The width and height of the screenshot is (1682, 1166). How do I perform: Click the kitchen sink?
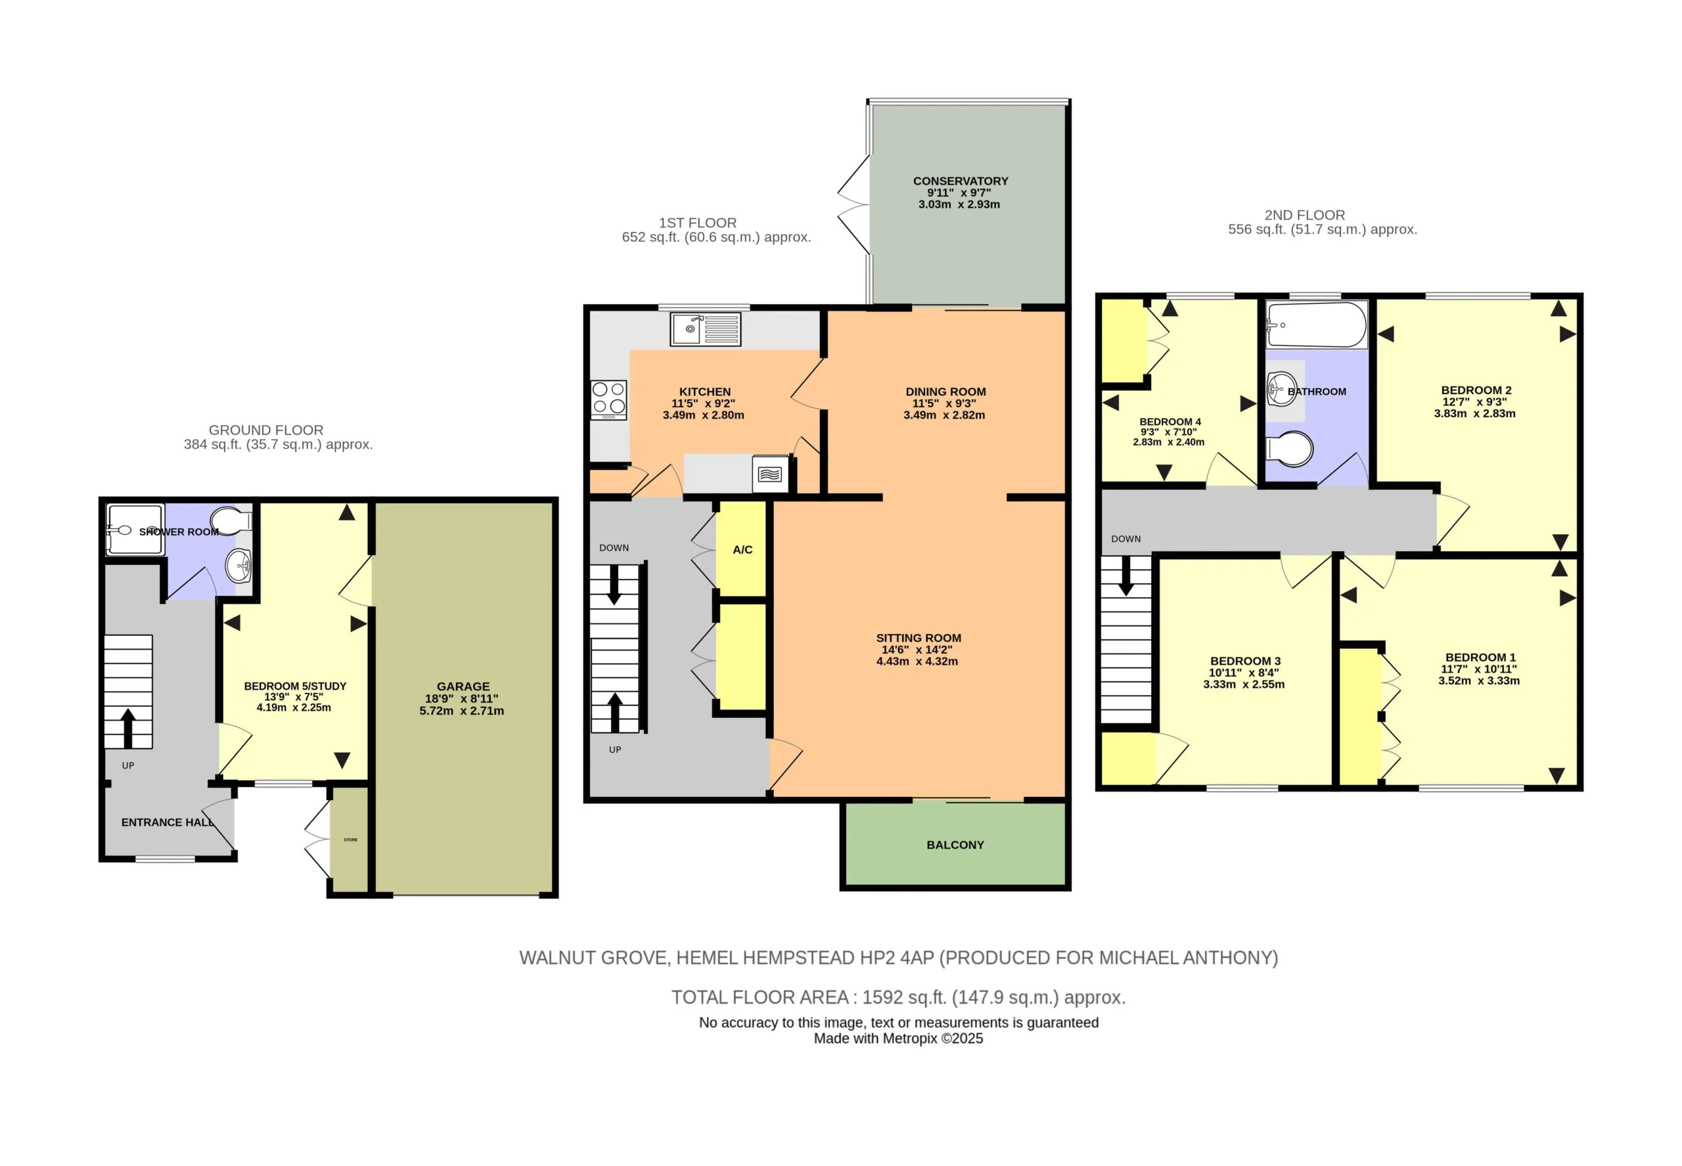[x=705, y=328]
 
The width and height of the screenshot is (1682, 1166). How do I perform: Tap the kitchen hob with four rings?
[x=608, y=399]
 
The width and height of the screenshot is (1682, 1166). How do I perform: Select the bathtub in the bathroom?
[x=1316, y=325]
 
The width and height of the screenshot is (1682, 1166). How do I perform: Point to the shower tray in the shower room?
[x=135, y=529]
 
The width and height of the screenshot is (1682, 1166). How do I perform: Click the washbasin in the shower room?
[x=239, y=564]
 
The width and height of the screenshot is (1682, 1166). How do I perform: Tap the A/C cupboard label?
[x=742, y=549]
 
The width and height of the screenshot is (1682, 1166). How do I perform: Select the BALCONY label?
[x=955, y=845]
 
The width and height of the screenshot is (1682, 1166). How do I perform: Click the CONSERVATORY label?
[x=960, y=181]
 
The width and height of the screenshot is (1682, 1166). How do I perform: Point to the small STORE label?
[x=351, y=840]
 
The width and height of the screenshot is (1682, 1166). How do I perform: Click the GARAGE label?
[x=463, y=686]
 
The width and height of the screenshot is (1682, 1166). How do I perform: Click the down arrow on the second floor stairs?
[x=1126, y=575]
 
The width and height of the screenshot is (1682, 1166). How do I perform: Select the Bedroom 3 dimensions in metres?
[x=1244, y=684]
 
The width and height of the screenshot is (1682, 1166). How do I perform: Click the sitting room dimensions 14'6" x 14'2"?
[x=917, y=650]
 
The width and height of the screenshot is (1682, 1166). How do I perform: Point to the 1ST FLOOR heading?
[x=698, y=223]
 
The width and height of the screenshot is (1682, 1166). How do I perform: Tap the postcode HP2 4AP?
[x=896, y=958]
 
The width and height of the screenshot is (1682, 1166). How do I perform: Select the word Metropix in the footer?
[x=910, y=1039]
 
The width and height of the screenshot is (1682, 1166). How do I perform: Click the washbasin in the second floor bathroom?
[x=1282, y=388]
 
